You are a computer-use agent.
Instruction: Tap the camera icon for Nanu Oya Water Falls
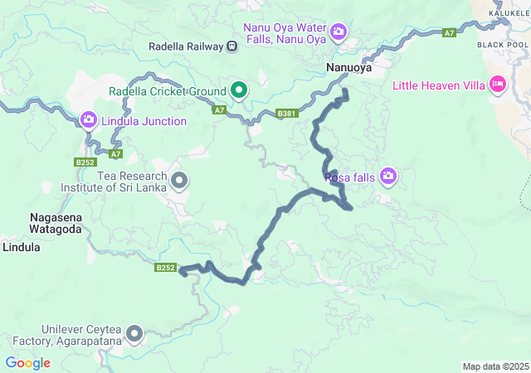pyautogui.click(x=339, y=32)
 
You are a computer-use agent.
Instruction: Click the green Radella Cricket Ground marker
pyautogui.click(x=239, y=90)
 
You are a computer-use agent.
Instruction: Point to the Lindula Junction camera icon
pyautogui.click(x=89, y=121)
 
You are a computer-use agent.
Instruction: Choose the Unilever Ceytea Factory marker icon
pyautogui.click(x=134, y=334)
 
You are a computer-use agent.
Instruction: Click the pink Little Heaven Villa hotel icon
pyautogui.click(x=498, y=84)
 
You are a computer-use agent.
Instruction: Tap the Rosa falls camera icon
pyautogui.click(x=388, y=176)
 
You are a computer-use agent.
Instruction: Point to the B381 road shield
pyautogui.click(x=286, y=114)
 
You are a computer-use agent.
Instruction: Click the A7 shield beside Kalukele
pyautogui.click(x=449, y=33)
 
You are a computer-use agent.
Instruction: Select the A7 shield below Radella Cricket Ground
pyautogui.click(x=219, y=109)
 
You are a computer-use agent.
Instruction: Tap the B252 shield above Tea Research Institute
pyautogui.click(x=84, y=162)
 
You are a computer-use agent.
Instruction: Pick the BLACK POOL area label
pyautogui.click(x=502, y=44)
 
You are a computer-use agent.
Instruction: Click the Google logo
pyautogui.click(x=27, y=363)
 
